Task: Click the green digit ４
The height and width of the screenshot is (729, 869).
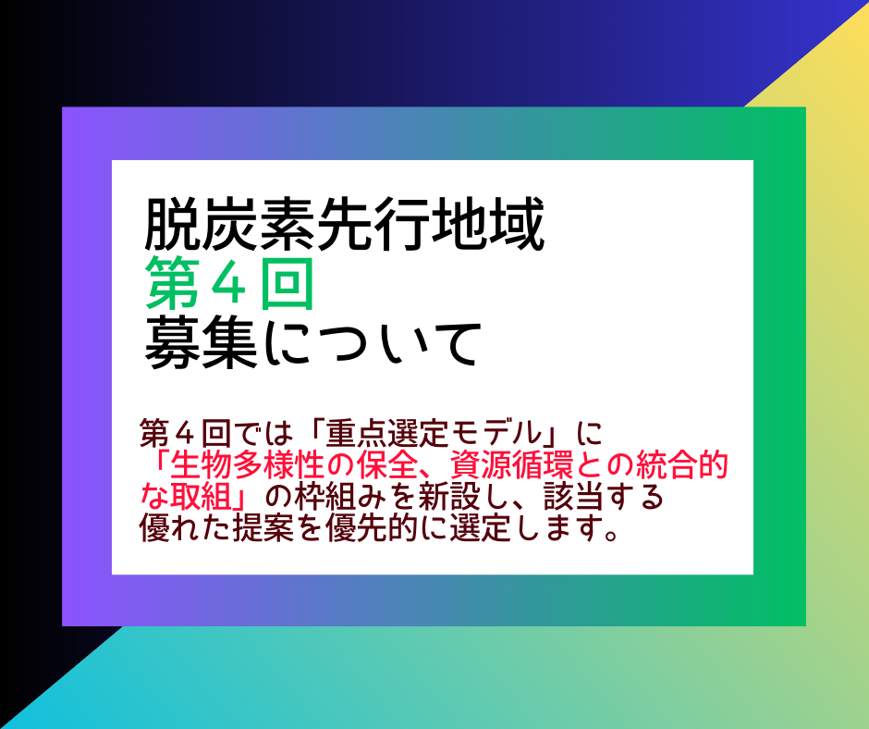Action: point(230,285)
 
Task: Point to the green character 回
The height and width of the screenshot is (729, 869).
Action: point(288,284)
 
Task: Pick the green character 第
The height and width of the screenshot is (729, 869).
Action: point(172,284)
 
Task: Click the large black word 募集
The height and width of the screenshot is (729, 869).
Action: point(202,344)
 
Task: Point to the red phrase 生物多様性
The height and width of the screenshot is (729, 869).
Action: point(247,465)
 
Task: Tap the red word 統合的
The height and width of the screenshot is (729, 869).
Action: point(681,465)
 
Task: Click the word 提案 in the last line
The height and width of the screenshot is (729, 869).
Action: point(263,528)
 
